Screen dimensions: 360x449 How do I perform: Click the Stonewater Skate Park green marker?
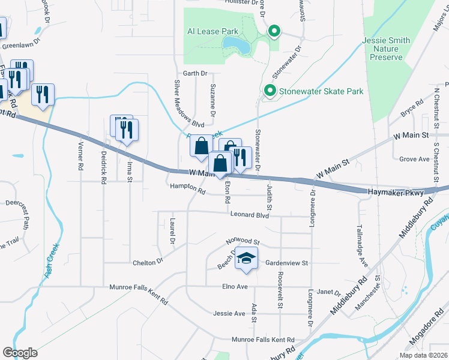(x=270, y=91)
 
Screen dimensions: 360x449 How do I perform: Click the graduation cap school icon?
(x=246, y=258)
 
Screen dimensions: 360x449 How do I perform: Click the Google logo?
(x=20, y=352)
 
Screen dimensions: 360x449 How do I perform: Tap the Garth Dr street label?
(x=195, y=73)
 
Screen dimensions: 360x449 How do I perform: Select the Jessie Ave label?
(x=229, y=313)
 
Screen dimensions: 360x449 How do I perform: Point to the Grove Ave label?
(x=414, y=159)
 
